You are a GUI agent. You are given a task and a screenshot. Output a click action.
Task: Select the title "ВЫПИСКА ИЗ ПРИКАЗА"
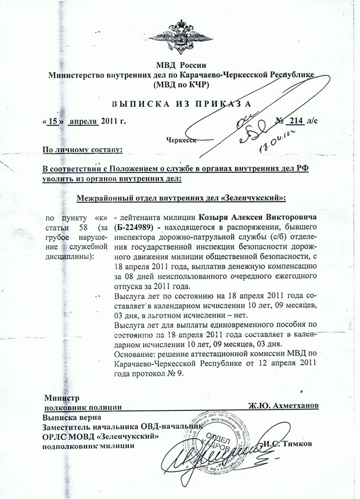pyautogui.click(x=179, y=105)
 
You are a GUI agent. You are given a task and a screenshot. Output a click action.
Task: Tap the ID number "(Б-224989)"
pyautogui.click(x=138, y=227)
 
